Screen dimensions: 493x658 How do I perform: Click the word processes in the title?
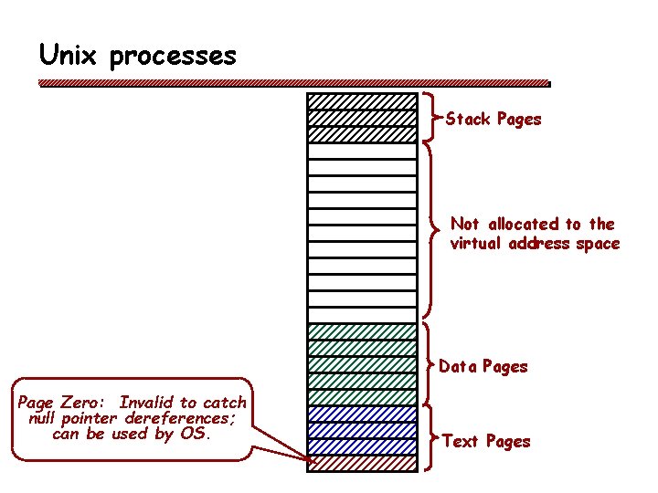(x=173, y=58)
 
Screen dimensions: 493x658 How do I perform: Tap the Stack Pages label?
(x=493, y=119)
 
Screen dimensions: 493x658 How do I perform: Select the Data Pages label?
(x=483, y=366)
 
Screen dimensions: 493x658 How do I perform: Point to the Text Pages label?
(x=486, y=441)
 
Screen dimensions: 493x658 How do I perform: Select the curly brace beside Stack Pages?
(x=431, y=117)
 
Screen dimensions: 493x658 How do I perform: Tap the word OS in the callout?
(x=195, y=434)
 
